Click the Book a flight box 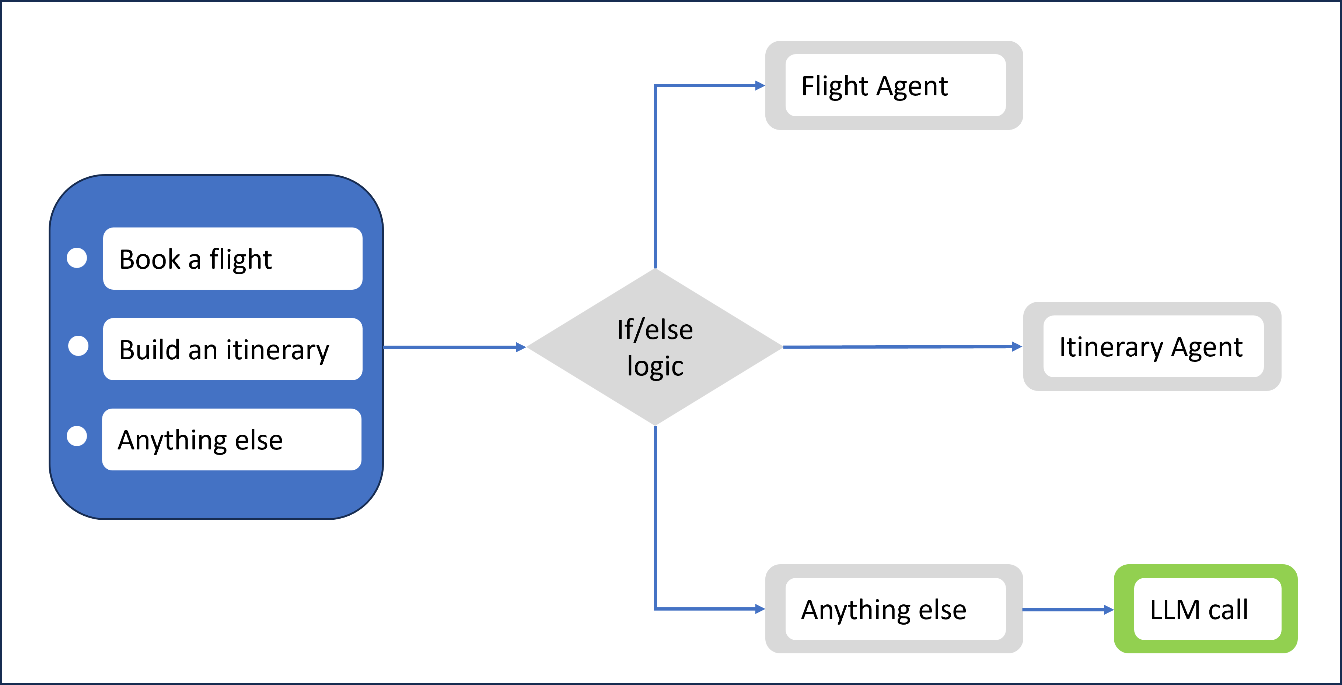point(233,259)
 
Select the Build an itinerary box point(233,349)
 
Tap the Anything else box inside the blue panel point(231,440)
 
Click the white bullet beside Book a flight point(77,258)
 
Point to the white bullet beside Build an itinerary point(78,346)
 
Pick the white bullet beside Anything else point(77,436)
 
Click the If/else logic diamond point(655,347)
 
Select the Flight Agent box point(895,85)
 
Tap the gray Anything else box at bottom point(895,609)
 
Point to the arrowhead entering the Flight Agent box point(760,85)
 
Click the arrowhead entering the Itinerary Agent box point(1017,347)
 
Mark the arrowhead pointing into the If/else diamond point(521,347)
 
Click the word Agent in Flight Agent point(913,86)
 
